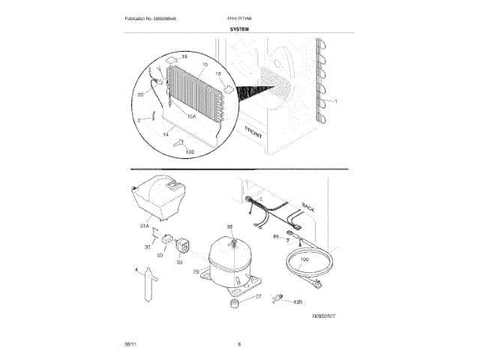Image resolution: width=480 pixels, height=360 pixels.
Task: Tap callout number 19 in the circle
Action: pyautogui.click(x=184, y=57)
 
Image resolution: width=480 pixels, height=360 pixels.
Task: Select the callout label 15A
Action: pyautogui.click(x=191, y=116)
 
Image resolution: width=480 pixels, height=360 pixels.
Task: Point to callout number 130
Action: pyautogui.click(x=190, y=151)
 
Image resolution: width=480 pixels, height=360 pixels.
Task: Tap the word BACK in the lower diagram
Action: pyautogui.click(x=308, y=205)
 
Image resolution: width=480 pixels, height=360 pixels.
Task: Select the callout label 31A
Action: pyautogui.click(x=144, y=224)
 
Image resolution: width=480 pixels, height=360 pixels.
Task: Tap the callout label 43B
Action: pyautogui.click(x=298, y=301)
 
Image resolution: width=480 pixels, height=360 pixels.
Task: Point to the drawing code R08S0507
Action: pyautogui.click(x=328, y=317)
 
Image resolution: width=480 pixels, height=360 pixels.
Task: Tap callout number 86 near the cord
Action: pyautogui.click(x=276, y=236)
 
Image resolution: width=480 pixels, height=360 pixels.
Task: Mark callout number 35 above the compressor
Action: pyautogui.click(x=230, y=227)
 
